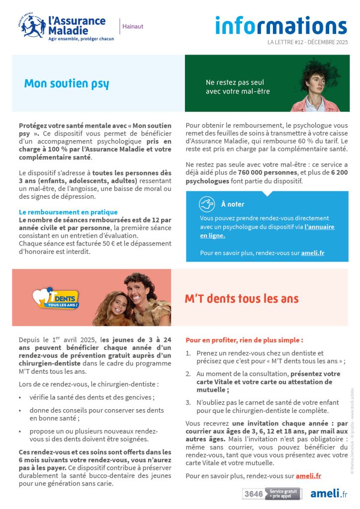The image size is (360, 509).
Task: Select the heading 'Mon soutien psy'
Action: tap(66, 83)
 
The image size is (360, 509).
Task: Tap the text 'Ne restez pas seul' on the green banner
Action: tap(235, 83)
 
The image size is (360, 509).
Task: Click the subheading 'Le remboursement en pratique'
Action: tap(68, 212)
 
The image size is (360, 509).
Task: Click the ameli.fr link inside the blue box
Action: tap(313, 253)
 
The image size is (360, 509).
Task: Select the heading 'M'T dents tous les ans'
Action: tap(242, 298)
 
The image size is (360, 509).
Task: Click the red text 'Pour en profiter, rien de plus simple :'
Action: tap(244, 340)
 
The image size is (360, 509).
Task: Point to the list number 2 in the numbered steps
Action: tap(188, 374)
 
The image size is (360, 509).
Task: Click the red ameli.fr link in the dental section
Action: tap(308, 476)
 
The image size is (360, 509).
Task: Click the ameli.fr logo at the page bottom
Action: tap(329, 494)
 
